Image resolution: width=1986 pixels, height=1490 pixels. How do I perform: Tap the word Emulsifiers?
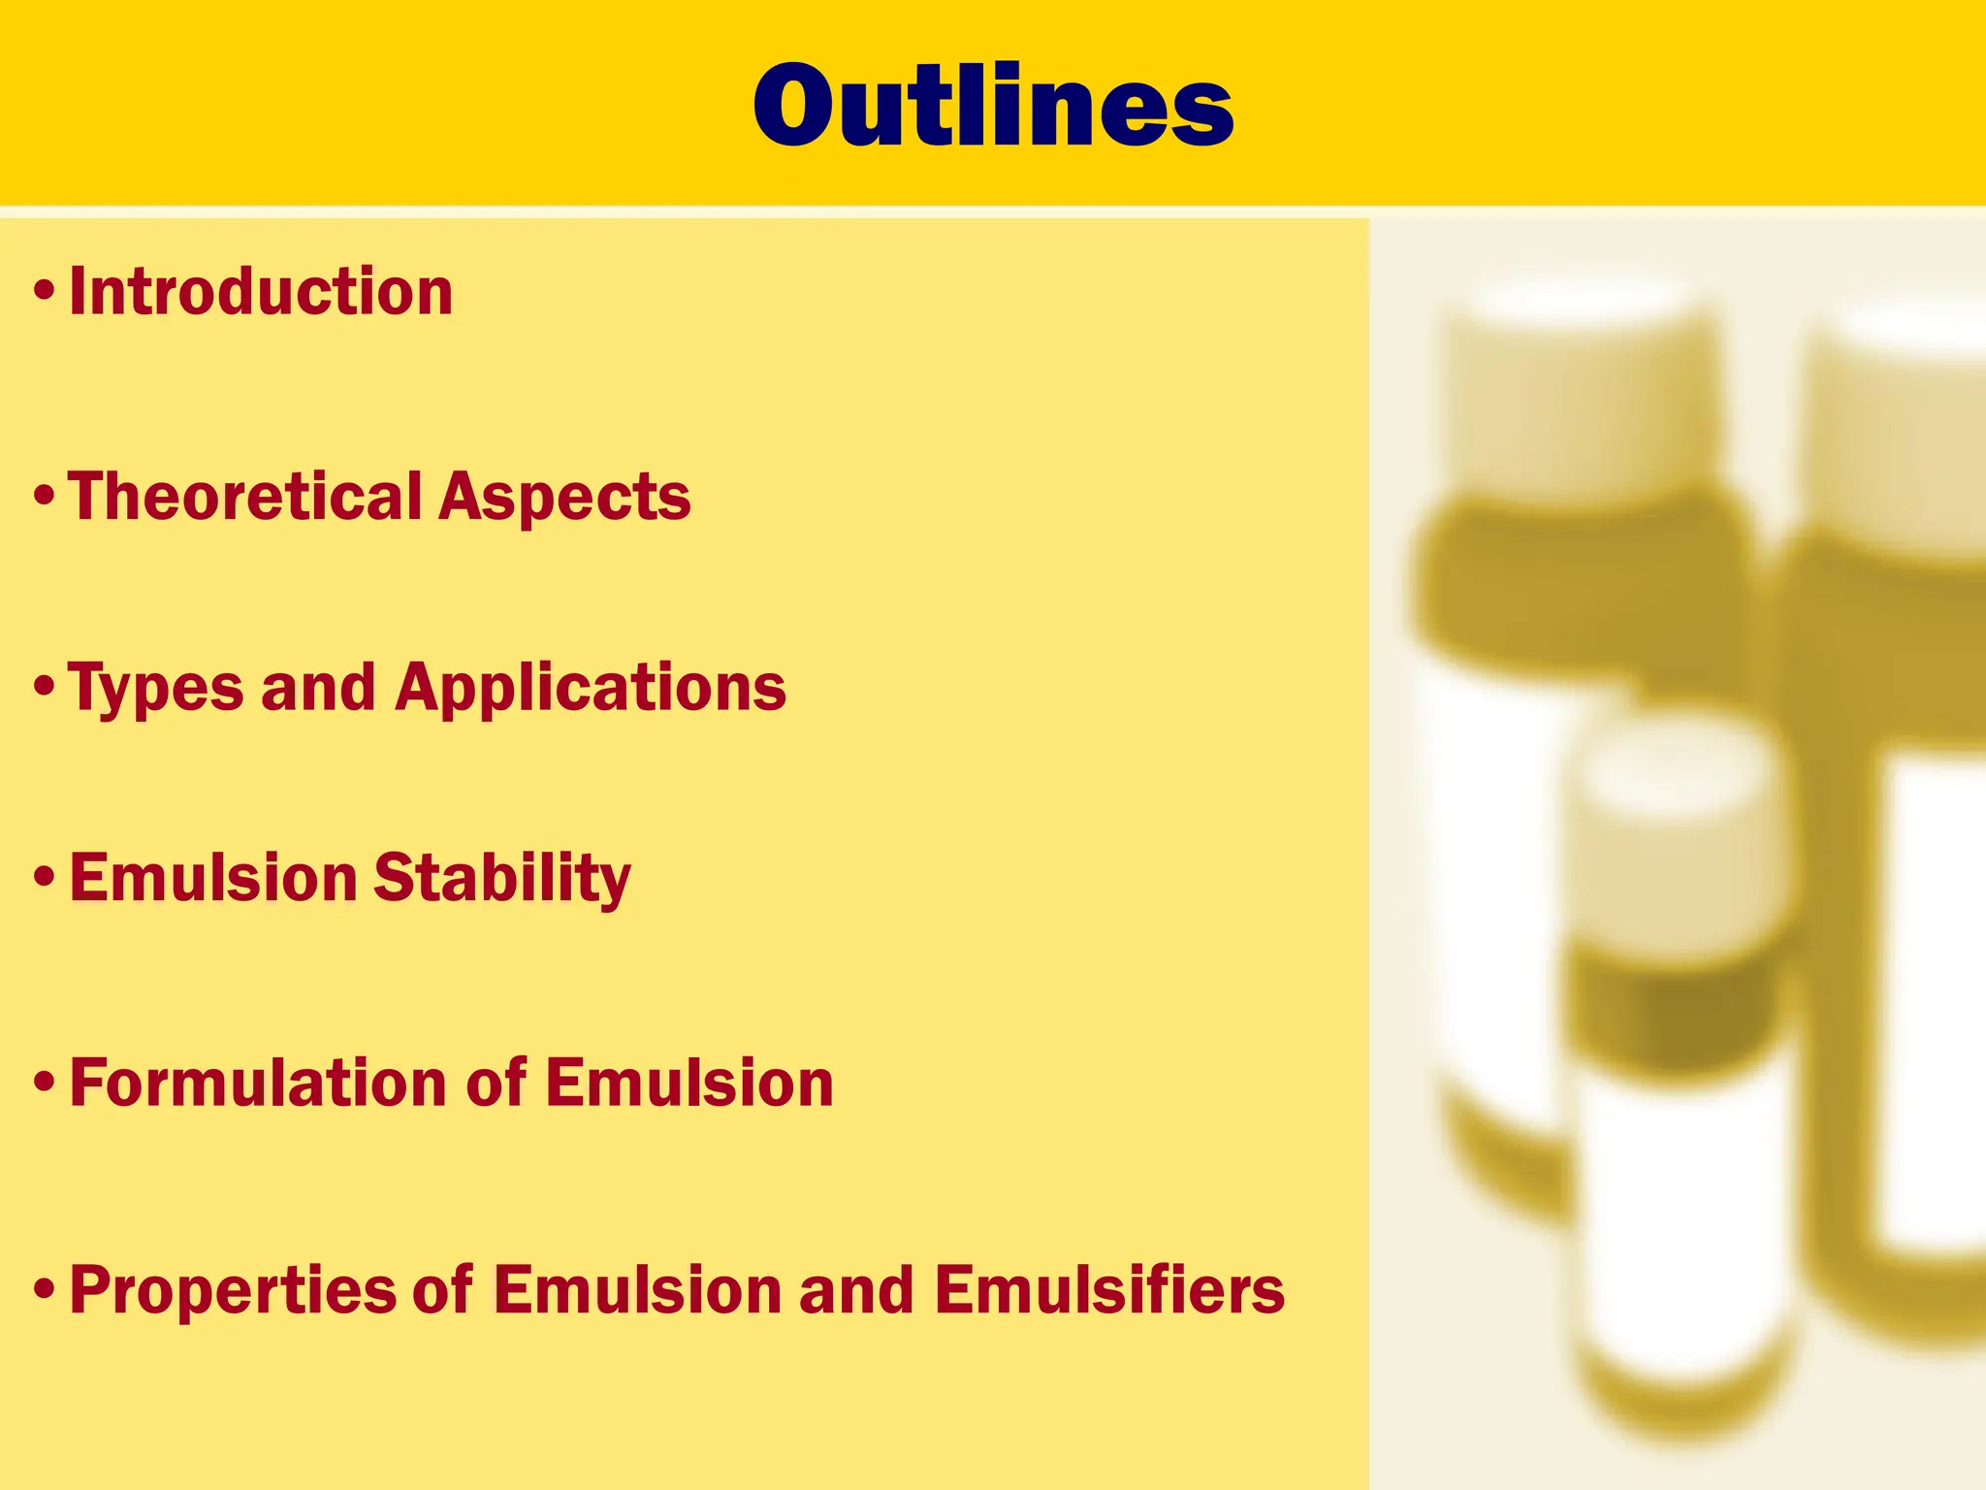pyautogui.click(x=1109, y=1290)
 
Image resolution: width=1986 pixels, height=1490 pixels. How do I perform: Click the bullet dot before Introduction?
pyautogui.click(x=44, y=291)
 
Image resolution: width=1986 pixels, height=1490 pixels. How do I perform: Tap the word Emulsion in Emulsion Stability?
pyautogui.click(x=213, y=878)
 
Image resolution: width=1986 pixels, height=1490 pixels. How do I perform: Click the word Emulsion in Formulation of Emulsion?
pyautogui.click(x=689, y=1084)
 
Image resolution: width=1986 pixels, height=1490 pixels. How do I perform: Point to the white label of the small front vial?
pyautogui.click(x=1682, y=1213)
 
